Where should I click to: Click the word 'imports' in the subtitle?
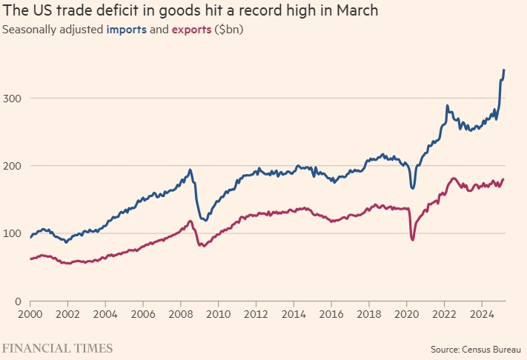[127, 30]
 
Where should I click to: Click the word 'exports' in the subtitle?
[190, 30]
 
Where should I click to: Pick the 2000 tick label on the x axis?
[30, 314]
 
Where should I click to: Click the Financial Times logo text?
[57, 347]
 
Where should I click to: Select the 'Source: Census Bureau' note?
[477, 348]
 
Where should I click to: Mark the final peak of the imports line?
[504, 70]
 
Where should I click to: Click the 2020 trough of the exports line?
[412, 239]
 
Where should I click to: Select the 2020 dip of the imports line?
[412, 188]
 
